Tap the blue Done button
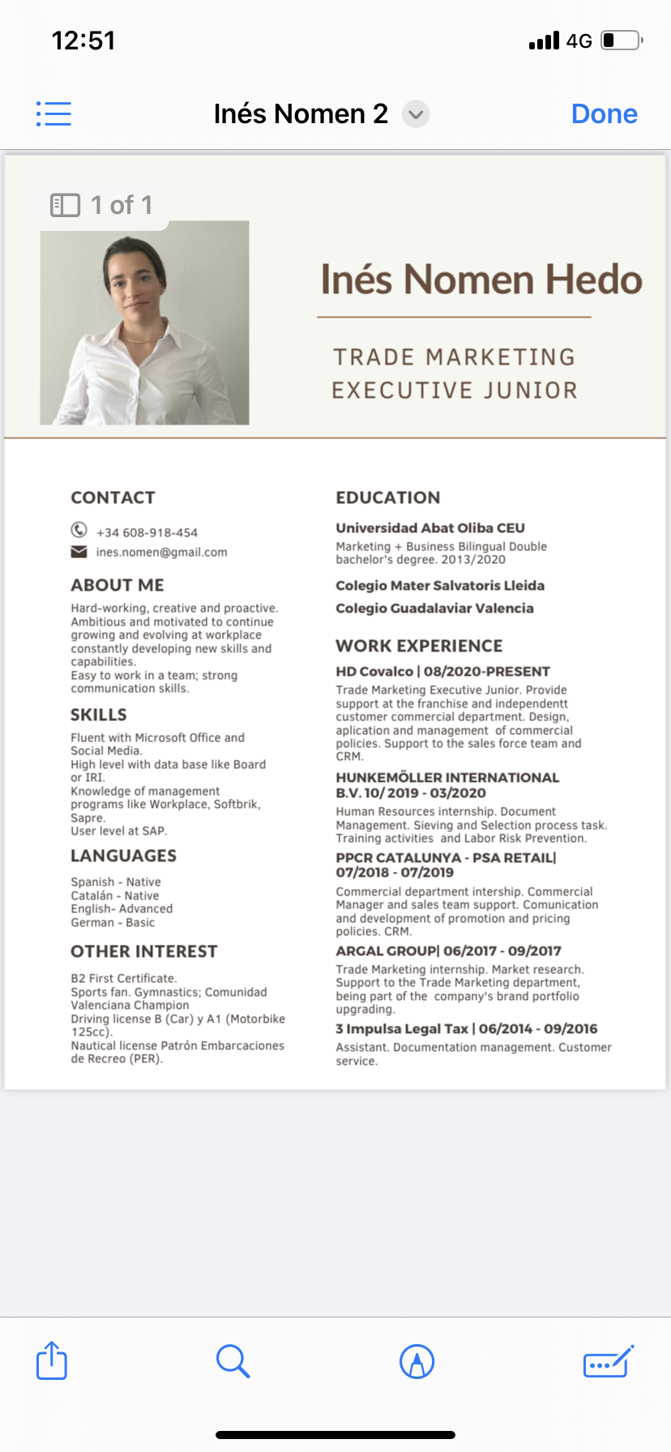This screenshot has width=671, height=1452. pyautogui.click(x=604, y=114)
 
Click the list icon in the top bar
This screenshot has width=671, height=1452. pyautogui.click(x=53, y=114)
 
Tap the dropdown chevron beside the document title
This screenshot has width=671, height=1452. pyautogui.click(x=416, y=114)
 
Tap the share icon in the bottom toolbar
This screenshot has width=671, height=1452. pyautogui.click(x=52, y=1360)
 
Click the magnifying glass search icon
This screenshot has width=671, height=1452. pyautogui.click(x=233, y=1361)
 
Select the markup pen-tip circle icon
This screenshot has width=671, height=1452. pyautogui.click(x=417, y=1361)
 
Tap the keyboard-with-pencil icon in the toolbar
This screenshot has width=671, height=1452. pyautogui.click(x=608, y=1361)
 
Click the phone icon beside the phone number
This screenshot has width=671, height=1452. pyautogui.click(x=79, y=530)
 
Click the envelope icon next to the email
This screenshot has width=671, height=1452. pyautogui.click(x=79, y=552)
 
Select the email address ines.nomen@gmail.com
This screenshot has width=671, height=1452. pyautogui.click(x=161, y=553)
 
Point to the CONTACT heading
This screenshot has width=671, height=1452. pyautogui.click(x=113, y=498)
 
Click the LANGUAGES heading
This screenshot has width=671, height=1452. pyautogui.click(x=123, y=856)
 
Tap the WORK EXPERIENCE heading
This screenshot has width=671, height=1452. pyautogui.click(x=419, y=646)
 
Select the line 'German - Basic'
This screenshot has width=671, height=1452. pyautogui.click(x=113, y=923)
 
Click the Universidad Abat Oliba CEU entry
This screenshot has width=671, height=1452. pyautogui.click(x=430, y=528)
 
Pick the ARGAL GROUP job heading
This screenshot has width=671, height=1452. pyautogui.click(x=448, y=951)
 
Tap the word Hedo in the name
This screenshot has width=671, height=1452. pyautogui.click(x=593, y=280)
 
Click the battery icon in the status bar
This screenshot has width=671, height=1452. pyautogui.click(x=622, y=41)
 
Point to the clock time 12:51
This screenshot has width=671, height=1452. pyautogui.click(x=83, y=41)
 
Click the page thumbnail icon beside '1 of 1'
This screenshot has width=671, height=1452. pyautogui.click(x=65, y=205)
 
